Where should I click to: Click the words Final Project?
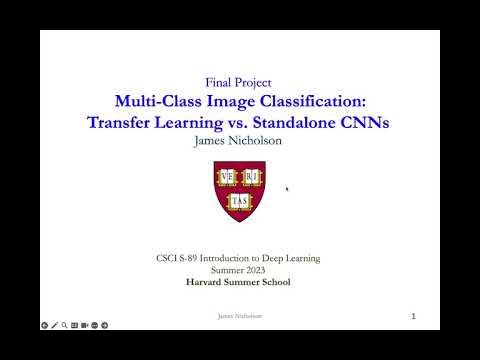point(238,82)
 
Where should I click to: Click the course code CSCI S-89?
point(187,259)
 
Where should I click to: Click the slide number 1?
point(412,316)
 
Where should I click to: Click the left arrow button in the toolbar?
point(44,325)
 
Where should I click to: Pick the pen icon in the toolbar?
point(54,325)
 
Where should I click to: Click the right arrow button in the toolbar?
point(105,325)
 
